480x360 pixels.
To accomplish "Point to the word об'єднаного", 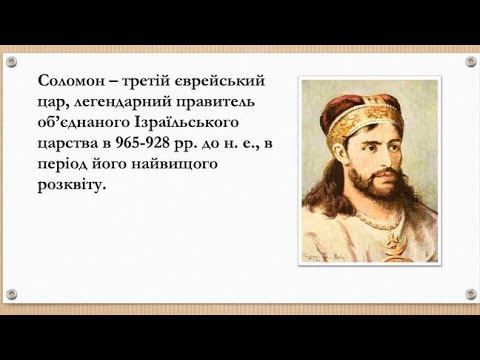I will (x=82, y=122).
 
